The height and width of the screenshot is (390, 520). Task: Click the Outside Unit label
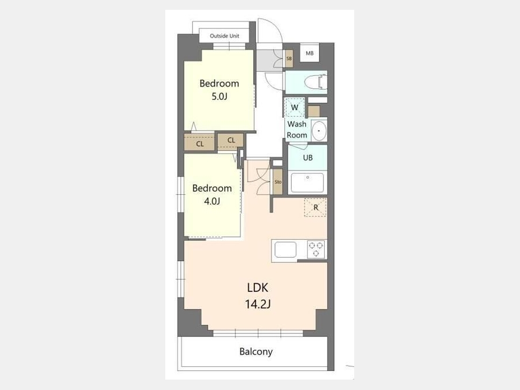(x=224, y=36)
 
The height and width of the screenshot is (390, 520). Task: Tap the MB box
(x=310, y=53)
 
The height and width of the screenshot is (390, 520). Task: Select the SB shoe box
(x=289, y=59)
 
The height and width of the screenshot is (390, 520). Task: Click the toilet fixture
(x=315, y=82)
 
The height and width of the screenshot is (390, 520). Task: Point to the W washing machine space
(x=295, y=107)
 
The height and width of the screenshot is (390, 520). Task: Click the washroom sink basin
(x=319, y=131)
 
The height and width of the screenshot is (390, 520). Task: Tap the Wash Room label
(x=297, y=129)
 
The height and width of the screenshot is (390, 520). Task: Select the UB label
(x=308, y=158)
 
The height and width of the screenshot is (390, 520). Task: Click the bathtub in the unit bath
(x=307, y=183)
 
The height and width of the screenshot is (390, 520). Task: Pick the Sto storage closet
(x=278, y=182)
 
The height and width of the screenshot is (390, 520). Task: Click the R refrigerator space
(x=315, y=207)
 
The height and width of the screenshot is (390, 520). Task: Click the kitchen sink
(x=285, y=250)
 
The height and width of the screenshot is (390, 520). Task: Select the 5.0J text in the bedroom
(x=219, y=96)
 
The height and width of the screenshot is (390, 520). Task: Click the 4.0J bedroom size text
(x=212, y=201)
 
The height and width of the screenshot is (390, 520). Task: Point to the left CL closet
(x=200, y=143)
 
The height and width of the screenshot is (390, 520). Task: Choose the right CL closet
(x=231, y=141)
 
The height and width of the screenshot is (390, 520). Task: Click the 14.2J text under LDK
(x=258, y=304)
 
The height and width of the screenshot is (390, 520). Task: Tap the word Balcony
(x=256, y=351)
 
